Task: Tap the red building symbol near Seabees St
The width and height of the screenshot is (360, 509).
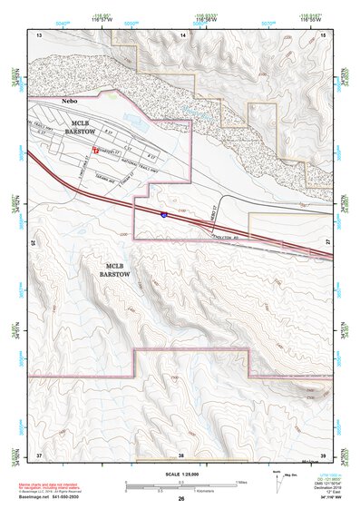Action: [94, 142]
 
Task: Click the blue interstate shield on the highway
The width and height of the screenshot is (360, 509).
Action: [163, 215]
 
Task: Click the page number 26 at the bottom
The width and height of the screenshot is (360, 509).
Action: [181, 500]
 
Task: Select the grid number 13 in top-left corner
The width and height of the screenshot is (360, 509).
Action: [39, 34]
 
